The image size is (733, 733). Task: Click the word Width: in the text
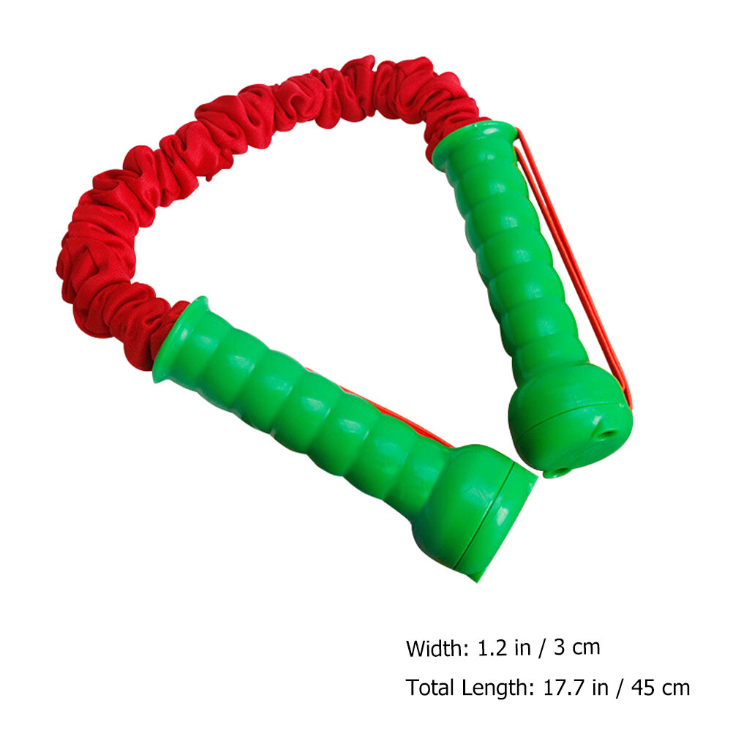pos(437,648)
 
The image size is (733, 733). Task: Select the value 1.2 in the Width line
pos(492,648)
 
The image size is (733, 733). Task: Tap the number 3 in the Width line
pos(559,648)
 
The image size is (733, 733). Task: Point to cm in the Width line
pos(586,650)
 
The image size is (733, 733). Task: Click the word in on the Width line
pos(522,648)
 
